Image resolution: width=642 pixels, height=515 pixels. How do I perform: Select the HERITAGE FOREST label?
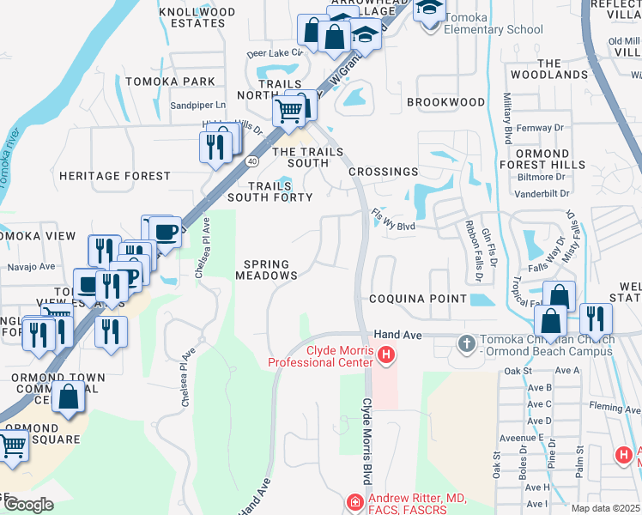pos(115,176)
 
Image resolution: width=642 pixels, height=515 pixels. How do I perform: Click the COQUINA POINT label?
pos(417,299)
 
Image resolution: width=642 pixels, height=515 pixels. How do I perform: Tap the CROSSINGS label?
pos(383,172)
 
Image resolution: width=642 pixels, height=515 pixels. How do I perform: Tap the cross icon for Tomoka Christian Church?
pos(466,344)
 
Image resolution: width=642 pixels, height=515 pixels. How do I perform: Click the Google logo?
pos(28,504)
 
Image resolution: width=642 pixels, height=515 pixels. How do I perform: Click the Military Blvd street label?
pos(507,118)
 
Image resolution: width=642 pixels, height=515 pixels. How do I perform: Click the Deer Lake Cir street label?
pos(275,52)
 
